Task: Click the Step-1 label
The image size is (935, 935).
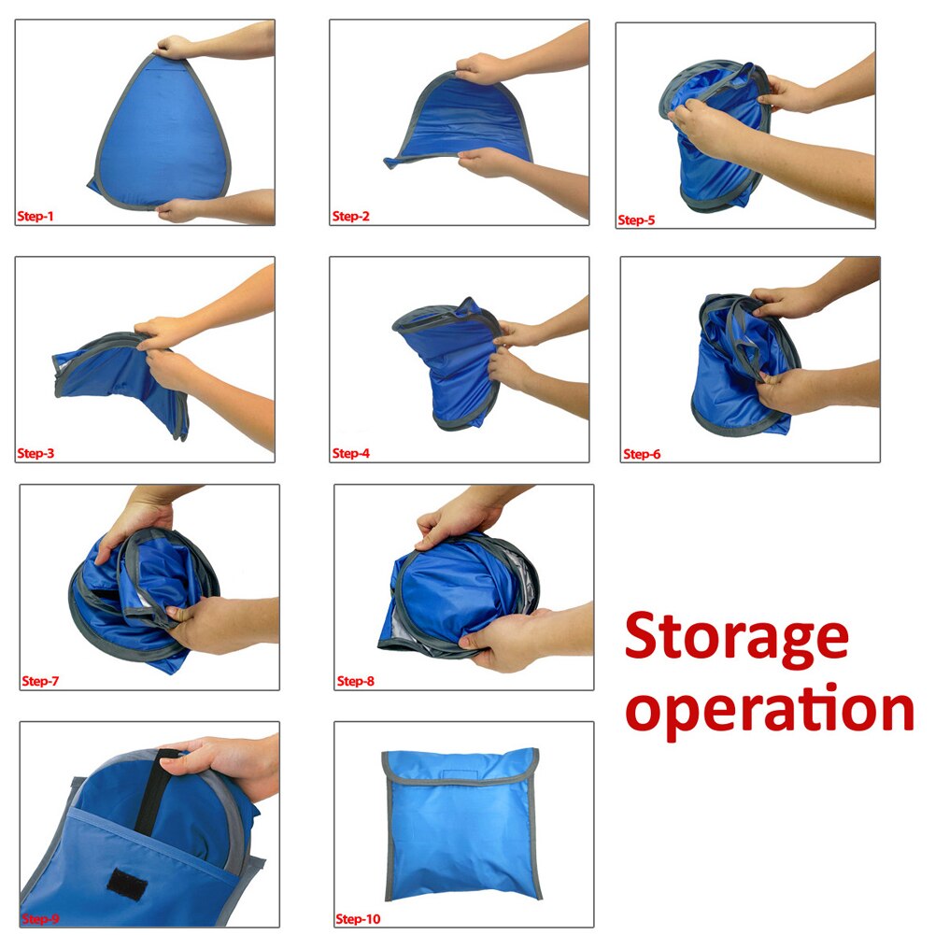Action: pos(35,217)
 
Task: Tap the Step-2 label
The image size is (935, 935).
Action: pos(351,217)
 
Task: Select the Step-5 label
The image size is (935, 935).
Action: pos(637,221)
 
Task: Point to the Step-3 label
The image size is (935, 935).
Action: pos(35,454)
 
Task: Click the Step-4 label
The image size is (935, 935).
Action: pos(351,454)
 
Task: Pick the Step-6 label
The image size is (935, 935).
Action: pos(642,454)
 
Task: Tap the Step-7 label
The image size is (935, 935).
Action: pos(40,681)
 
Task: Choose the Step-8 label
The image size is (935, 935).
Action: pos(355,681)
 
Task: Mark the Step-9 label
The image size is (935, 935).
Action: pos(40,919)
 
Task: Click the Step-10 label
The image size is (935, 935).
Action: pos(359,919)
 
